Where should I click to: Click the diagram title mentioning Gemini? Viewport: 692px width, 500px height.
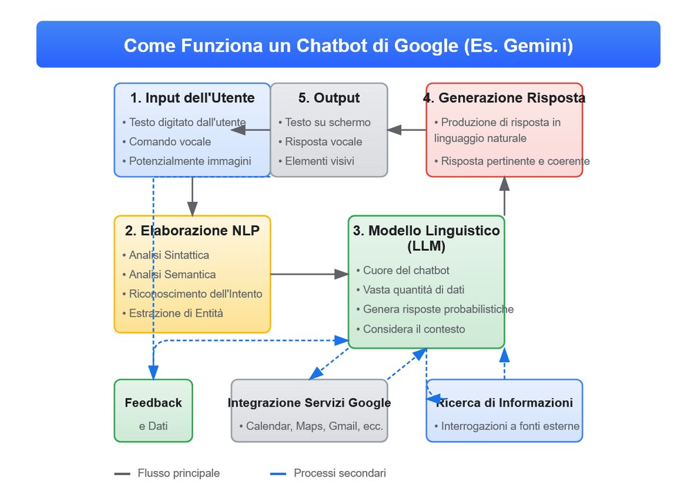pos(348,46)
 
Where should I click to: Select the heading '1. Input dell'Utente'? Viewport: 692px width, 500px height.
pos(192,98)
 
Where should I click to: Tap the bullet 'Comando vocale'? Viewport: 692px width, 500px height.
pos(170,142)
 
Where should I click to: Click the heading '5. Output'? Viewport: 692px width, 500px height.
pos(329,98)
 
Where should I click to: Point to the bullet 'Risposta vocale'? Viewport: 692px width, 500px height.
pos(324,142)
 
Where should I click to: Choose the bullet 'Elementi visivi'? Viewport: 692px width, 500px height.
pos(320,161)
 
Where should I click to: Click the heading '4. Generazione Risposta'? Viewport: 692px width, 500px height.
pos(504,98)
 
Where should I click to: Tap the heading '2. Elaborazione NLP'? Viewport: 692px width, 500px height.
pos(192,231)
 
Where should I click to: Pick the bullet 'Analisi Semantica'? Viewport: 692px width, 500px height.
pos(172,275)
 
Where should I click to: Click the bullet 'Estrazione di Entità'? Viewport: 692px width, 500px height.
pos(176,313)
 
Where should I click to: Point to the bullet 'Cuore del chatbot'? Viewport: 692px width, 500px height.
pos(406,270)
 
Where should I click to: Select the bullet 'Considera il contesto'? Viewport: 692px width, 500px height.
pos(414,329)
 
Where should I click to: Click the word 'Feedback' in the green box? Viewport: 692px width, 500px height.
pos(154,402)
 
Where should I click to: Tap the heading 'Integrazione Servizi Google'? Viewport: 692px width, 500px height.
pos(309,402)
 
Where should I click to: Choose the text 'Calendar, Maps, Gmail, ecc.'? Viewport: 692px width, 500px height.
pos(315,426)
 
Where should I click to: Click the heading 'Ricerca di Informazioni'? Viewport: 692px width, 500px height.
pos(504,402)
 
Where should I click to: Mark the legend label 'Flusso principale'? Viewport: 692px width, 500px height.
pos(179,473)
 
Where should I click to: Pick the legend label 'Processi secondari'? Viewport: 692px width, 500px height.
pos(340,473)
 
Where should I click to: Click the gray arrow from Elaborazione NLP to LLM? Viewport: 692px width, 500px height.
pos(309,275)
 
